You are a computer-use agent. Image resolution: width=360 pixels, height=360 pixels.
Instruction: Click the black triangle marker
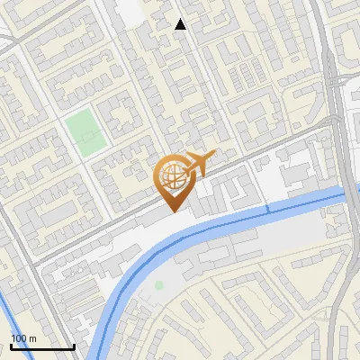point(181,24)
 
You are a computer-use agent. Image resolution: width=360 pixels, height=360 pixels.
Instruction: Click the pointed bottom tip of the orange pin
point(171,211)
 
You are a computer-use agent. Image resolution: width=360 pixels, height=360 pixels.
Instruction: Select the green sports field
point(83,133)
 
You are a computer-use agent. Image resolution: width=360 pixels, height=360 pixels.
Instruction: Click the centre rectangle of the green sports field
point(83,134)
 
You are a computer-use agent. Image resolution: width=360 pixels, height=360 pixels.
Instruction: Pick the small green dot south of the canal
point(159,285)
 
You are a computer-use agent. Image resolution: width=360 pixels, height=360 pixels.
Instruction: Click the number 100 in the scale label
point(19,338)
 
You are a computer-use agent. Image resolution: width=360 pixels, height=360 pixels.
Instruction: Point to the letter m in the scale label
point(31,338)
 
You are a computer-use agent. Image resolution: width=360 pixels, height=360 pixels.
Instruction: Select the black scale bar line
point(42,346)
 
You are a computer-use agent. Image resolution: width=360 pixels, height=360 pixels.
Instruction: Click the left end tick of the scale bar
point(11,345)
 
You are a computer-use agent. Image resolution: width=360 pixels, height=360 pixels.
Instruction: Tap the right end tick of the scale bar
point(74,345)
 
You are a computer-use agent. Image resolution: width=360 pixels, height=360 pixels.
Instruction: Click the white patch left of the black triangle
point(128,11)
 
